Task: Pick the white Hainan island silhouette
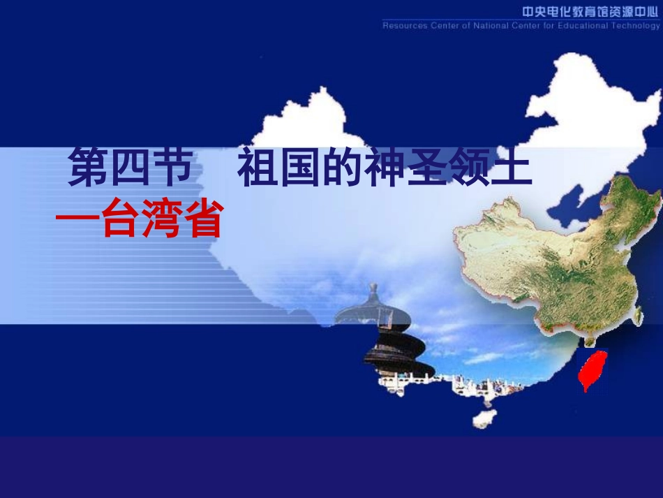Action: [x=483, y=417]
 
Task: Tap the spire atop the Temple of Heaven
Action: [x=373, y=291]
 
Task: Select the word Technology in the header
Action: [x=636, y=26]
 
